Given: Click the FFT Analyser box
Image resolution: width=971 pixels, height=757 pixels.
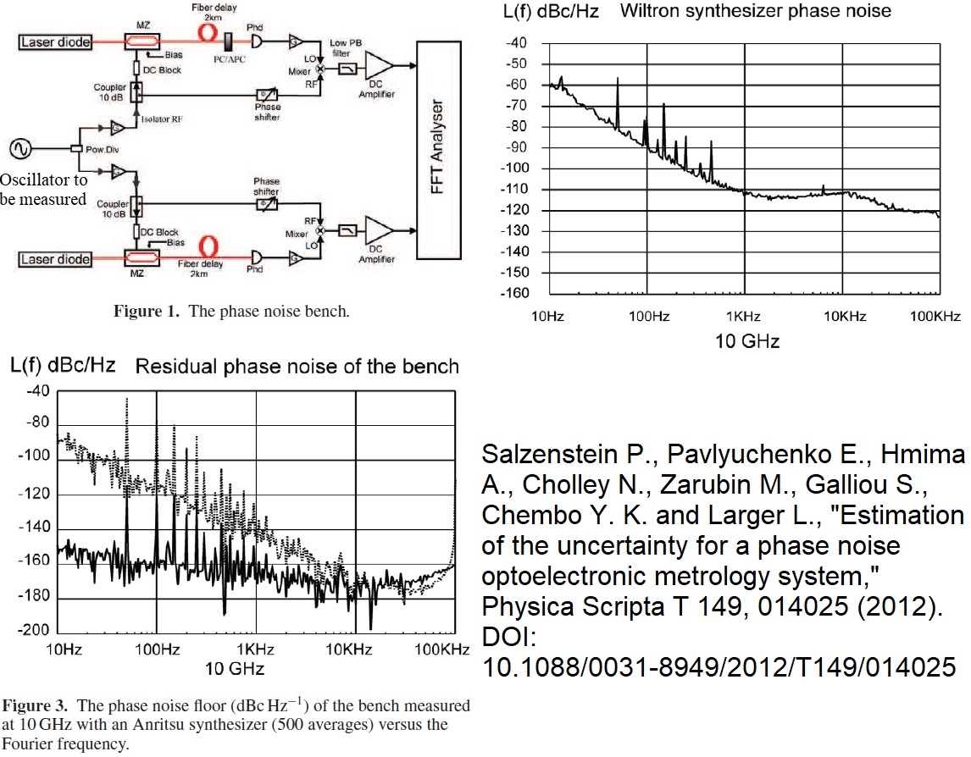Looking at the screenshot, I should [x=440, y=150].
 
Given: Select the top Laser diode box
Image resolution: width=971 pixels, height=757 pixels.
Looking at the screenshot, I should [x=55, y=41].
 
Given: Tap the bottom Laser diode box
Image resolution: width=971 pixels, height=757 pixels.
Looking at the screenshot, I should [x=55, y=259].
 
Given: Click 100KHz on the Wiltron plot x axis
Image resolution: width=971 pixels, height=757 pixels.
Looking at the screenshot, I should [x=936, y=318].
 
